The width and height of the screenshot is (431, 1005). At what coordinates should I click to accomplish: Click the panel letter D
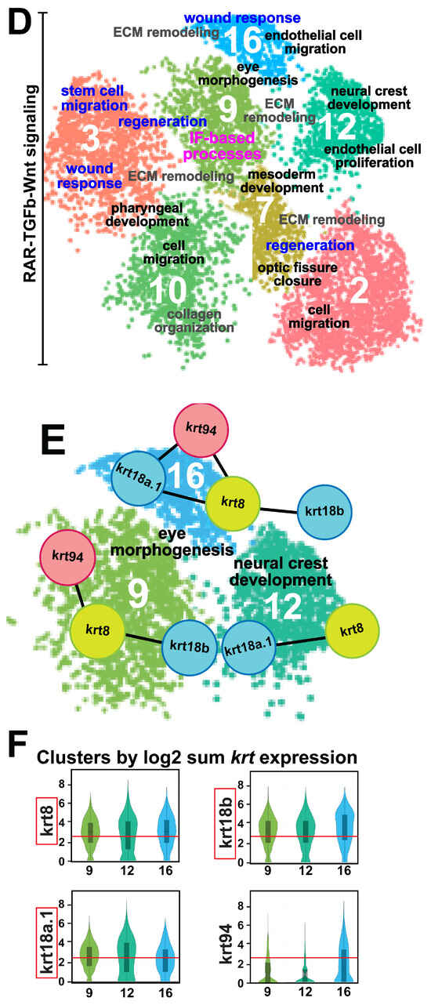coord(20,24)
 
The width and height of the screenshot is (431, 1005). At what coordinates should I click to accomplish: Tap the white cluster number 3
coord(91,138)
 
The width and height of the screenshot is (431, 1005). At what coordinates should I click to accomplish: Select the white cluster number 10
coord(168,290)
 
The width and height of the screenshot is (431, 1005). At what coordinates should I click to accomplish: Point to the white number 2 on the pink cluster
coord(359,290)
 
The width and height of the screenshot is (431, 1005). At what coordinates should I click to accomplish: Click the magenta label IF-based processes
coord(222,146)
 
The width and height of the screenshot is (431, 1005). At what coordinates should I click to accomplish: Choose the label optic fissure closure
coord(297,274)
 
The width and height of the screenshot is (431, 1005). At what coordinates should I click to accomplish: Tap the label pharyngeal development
coord(147,215)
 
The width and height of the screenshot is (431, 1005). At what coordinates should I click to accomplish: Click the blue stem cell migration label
coord(94,98)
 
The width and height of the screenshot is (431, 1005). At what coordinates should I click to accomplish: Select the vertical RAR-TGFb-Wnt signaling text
coord(30,184)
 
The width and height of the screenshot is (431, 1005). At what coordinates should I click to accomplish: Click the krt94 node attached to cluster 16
coord(201,430)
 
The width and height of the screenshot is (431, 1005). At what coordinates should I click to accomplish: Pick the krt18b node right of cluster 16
coord(324,511)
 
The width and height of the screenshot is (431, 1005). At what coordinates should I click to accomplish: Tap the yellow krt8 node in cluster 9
coord(98,630)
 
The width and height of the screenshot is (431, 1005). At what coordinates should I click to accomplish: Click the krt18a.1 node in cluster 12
coord(248,647)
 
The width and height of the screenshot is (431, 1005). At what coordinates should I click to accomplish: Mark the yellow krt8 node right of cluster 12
coord(352,630)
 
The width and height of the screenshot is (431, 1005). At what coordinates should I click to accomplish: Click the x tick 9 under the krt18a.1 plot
coord(89,992)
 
